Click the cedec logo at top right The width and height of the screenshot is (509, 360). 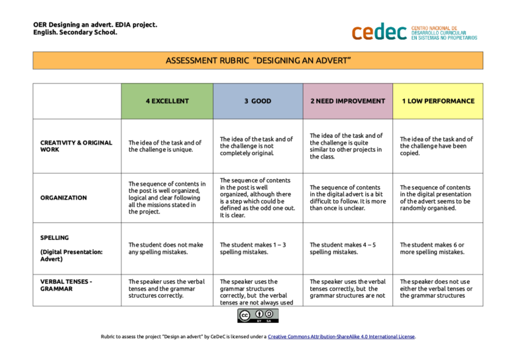coord(414,31)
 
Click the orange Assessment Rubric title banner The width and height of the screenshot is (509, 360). coord(258,60)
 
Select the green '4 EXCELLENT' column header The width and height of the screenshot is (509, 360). coord(167,101)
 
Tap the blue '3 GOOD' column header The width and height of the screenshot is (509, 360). coord(257,101)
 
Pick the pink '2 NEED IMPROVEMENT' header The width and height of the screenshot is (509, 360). coord(347,101)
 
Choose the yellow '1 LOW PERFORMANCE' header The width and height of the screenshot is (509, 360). coord(437,101)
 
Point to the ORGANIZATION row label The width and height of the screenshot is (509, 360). coord(64,198)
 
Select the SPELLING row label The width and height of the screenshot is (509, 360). coord(54,237)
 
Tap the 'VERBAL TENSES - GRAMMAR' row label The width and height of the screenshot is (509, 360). coord(66,285)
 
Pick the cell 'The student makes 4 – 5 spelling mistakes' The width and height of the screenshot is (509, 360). coord(343,248)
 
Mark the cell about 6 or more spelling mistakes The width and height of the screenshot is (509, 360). coord(432,248)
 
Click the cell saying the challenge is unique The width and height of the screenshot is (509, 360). coord(164,146)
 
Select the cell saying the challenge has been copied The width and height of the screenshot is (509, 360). coord(436,146)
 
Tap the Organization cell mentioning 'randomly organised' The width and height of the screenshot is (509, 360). coord(437,198)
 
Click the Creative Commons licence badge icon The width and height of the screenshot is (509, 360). coord(258,316)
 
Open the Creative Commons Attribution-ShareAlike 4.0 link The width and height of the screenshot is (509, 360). coord(341,337)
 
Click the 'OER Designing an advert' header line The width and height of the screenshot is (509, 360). coord(95,25)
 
